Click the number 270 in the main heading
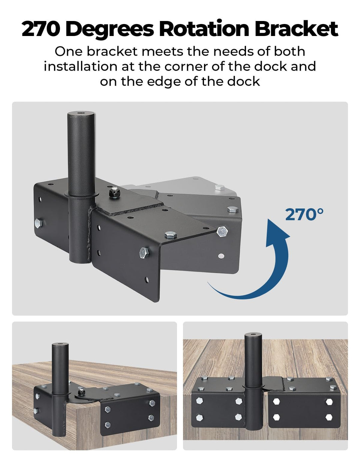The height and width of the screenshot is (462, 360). (x=40, y=29)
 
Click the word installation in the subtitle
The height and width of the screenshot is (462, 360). (x=81, y=66)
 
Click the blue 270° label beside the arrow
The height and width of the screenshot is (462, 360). (x=304, y=214)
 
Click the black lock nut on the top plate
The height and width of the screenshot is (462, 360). (x=114, y=193)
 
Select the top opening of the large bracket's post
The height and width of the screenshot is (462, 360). (x=81, y=113)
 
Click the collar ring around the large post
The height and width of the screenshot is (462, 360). (x=81, y=195)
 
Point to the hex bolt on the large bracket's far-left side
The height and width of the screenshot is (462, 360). (x=38, y=223)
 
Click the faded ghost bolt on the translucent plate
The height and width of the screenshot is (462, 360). (x=219, y=187)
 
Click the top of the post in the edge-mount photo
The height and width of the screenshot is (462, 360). (x=253, y=334)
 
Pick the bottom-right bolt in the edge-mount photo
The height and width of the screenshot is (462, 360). (x=329, y=417)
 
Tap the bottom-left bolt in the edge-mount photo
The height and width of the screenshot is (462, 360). (x=199, y=418)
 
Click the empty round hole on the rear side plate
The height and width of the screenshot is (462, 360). (x=221, y=256)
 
